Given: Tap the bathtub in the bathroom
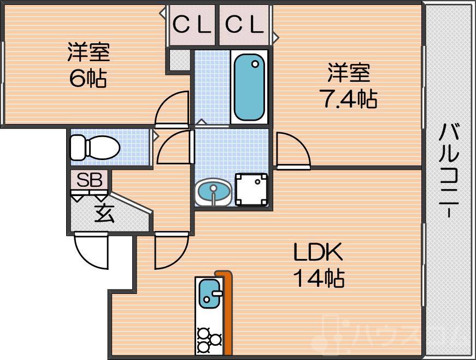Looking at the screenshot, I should [x=249, y=87].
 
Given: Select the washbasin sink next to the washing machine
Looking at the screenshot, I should [x=213, y=192].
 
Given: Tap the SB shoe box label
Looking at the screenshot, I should [x=89, y=180].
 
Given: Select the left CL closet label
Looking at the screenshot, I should [x=192, y=25].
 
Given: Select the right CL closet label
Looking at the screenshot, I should [x=245, y=25].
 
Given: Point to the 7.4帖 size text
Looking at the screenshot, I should [x=348, y=98].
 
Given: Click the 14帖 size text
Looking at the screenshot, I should [x=320, y=279].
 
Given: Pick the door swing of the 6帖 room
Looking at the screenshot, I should [x=172, y=108].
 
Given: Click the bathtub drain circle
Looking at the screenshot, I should [x=255, y=64].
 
